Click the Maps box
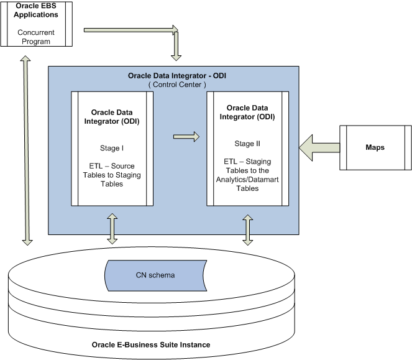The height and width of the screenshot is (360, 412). [375, 147]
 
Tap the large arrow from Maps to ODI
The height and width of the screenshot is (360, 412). [319, 148]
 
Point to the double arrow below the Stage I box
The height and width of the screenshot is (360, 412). [112, 229]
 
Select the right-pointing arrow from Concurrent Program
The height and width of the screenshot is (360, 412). [130, 29]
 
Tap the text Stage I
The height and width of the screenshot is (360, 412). [112, 149]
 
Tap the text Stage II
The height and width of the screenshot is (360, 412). [248, 143]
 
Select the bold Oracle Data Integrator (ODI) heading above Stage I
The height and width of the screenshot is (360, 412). [112, 117]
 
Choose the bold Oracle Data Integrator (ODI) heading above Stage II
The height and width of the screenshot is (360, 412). [248, 113]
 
